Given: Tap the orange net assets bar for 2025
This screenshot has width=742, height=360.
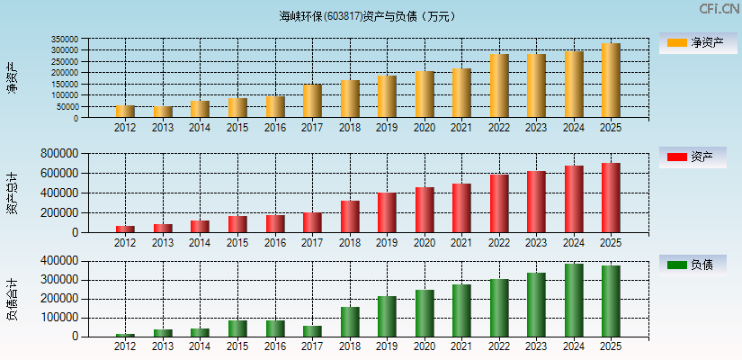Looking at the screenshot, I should coord(611,80).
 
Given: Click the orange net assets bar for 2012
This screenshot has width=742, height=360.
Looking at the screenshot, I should coord(125,112).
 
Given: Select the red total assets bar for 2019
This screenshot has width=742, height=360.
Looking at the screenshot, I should coord(387,212).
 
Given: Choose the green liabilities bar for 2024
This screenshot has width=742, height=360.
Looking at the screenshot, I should coord(574,301).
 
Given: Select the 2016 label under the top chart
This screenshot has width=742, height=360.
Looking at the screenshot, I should coord(274,128).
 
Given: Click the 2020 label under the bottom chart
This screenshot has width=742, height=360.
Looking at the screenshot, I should coord(424,346).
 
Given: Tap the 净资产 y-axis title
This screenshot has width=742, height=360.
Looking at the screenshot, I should coord(12,78).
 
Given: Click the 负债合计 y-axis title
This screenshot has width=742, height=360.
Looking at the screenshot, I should coord(12,299).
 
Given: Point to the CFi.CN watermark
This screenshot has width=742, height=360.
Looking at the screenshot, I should coord(720,8).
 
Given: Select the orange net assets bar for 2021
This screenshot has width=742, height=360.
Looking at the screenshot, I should coord(461,93).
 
